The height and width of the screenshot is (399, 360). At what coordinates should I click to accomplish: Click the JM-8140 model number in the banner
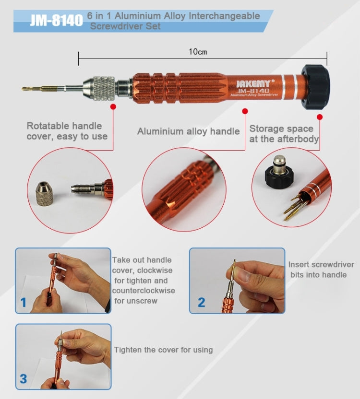pos(56,20)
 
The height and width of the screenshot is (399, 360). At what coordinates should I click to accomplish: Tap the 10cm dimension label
pos(198,52)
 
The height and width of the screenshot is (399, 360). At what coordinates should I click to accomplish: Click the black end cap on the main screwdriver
pos(315,87)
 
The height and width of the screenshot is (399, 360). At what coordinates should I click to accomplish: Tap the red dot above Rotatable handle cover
pos(113,106)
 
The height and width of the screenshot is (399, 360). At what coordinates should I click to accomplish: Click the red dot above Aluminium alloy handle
pos(245,111)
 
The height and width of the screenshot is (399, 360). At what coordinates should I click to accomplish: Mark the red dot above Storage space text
pos(320,117)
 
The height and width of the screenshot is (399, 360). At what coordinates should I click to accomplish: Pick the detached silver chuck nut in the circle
pos(44,193)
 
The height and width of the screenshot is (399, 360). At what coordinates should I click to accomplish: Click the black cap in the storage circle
pos(279,176)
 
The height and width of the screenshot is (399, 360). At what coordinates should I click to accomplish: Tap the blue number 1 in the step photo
pos(24,303)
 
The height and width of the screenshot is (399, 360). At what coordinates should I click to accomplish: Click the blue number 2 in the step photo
pos(201,302)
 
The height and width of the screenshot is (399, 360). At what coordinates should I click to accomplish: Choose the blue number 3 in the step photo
pos(24,379)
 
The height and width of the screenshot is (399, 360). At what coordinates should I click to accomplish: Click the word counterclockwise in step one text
pos(144,291)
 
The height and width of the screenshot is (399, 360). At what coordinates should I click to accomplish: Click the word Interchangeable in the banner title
pos(224,16)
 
